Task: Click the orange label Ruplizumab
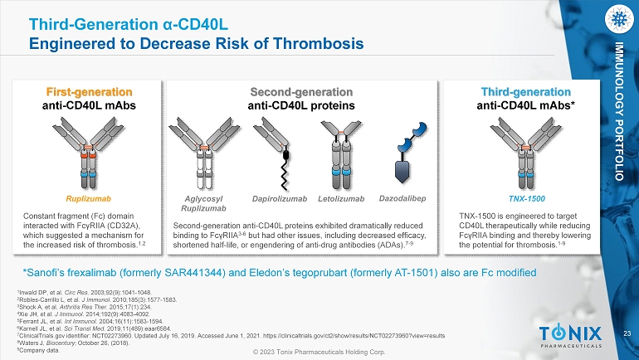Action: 89,199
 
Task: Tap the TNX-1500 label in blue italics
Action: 526,199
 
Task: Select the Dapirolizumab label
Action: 280,199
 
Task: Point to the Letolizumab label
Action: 341,199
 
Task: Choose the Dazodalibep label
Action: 402,198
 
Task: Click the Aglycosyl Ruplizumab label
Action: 203,203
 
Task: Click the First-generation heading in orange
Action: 90,92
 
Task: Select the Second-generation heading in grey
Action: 301,92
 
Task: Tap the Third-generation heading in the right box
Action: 525,92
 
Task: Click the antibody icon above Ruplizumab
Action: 88,153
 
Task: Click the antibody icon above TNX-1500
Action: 525,153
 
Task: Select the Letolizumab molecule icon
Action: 341,155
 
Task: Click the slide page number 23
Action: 627,334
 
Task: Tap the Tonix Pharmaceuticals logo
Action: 571,336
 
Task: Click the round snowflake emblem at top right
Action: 619,19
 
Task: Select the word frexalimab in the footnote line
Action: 139,272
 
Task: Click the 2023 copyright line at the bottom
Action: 319,352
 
